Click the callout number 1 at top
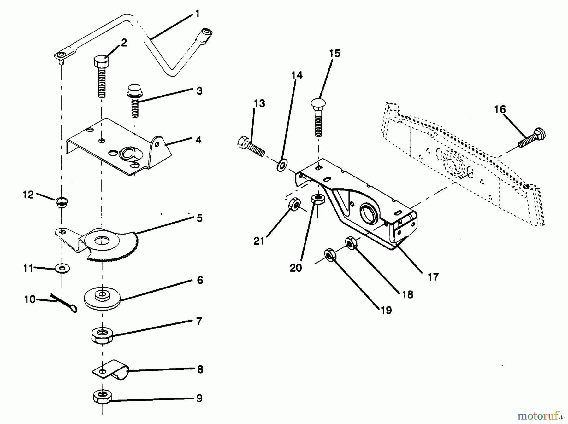point(197,14)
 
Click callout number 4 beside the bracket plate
point(198,140)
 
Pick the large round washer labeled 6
point(103,298)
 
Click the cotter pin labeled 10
point(66,303)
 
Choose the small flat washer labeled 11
point(62,269)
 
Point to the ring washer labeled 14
point(281,165)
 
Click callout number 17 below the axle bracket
point(433,277)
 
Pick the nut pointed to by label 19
point(329,255)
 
